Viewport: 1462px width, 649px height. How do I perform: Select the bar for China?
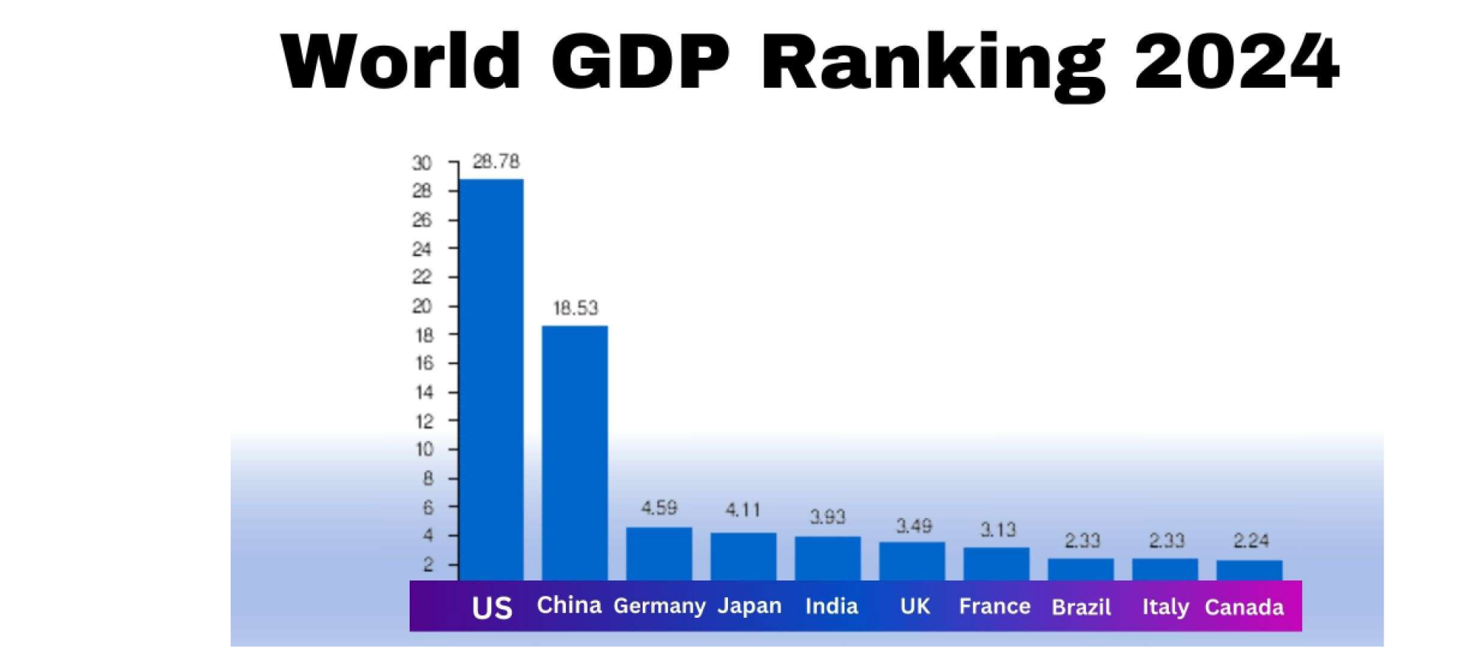coord(575,452)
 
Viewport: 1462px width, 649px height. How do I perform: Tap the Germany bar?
coord(659,554)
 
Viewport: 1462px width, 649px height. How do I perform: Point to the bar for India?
coord(828,558)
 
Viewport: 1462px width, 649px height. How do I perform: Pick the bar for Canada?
coord(1250,571)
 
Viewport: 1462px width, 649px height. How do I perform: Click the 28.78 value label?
coord(496,161)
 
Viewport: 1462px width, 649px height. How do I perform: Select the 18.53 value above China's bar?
coord(576,309)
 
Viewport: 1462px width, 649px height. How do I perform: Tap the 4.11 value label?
coord(742,510)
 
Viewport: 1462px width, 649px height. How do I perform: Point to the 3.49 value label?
coord(913,526)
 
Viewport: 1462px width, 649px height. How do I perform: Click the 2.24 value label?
coord(1250,541)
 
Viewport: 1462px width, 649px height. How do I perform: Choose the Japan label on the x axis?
coord(749,606)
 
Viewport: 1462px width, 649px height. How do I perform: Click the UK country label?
coord(915,606)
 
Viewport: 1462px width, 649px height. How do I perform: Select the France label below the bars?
coord(994,606)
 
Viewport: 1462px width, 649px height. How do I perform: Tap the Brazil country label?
coord(1081,607)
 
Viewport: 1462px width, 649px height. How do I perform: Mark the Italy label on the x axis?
coord(1165,607)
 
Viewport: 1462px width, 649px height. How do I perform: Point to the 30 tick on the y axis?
coord(422,163)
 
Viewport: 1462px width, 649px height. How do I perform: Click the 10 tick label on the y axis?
coord(424,449)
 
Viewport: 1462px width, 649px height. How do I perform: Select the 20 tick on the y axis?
coord(422,306)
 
